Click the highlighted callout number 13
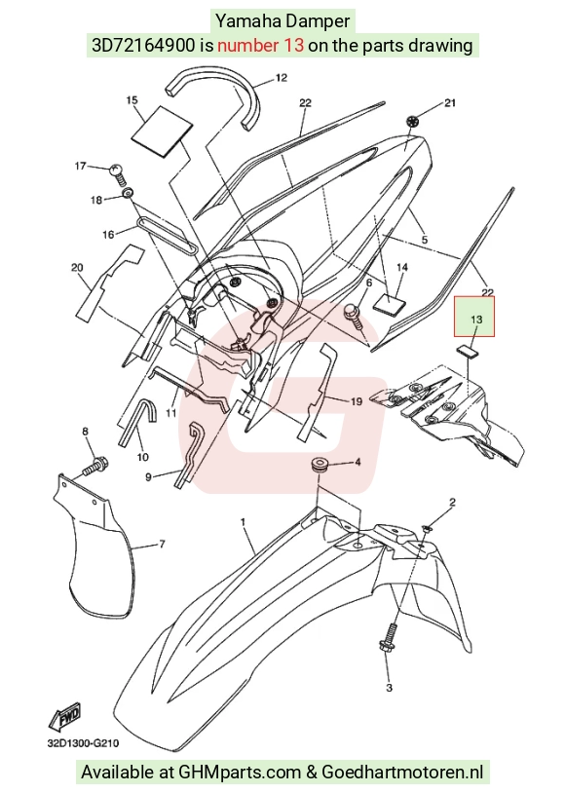[x=476, y=320]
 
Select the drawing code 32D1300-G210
[x=84, y=743]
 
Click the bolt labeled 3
[x=387, y=641]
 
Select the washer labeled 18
[x=129, y=192]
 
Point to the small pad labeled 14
[x=390, y=303]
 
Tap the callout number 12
[x=282, y=78]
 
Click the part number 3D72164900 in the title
[x=143, y=46]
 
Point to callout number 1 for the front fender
[x=243, y=521]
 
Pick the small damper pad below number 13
[x=469, y=350]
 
